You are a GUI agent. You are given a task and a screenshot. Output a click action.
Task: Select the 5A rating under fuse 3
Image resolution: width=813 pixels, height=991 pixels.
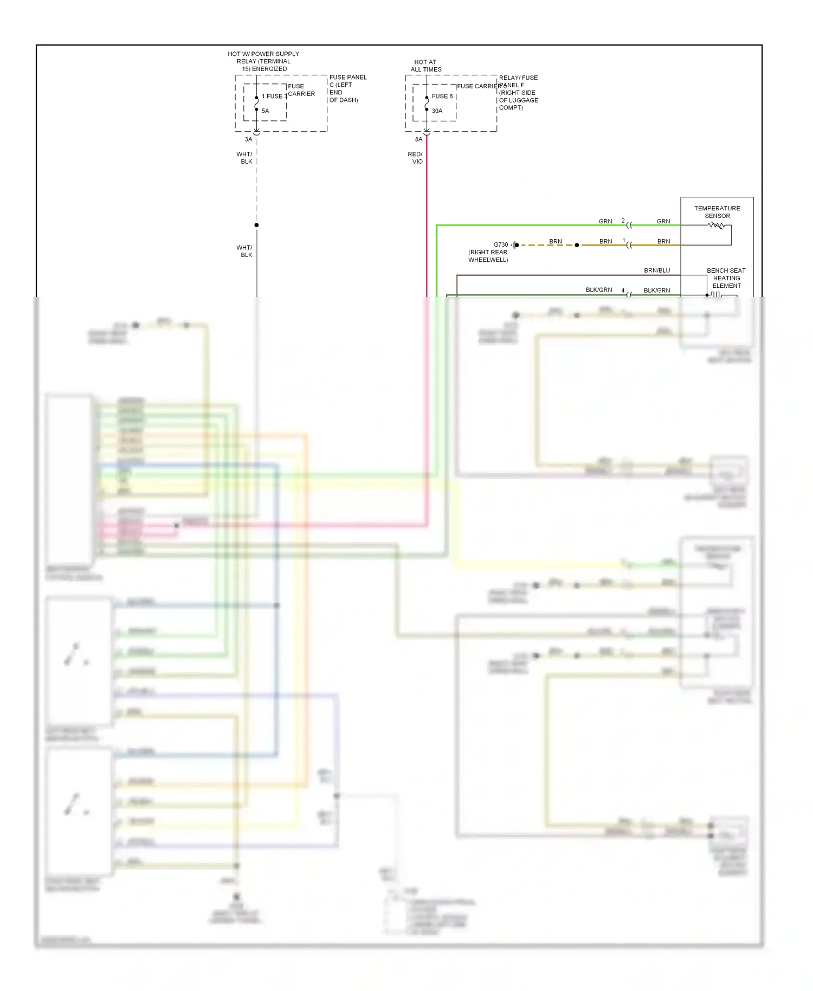coord(265,111)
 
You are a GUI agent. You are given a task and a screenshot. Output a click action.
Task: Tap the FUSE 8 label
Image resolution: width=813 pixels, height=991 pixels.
coord(442,96)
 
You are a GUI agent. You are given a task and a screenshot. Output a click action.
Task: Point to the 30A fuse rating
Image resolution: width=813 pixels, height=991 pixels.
coord(437,111)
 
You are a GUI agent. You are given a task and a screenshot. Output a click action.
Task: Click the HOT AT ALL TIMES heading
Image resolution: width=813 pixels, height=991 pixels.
coord(426,66)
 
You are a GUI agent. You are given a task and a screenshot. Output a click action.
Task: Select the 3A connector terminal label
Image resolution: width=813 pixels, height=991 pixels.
coord(248,139)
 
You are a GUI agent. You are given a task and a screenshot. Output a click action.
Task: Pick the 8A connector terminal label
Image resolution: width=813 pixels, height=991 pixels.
coord(418,139)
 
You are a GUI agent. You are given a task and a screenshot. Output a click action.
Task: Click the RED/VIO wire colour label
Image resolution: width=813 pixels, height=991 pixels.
coord(415,158)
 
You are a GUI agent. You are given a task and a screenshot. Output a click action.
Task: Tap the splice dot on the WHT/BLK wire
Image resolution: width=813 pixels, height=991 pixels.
coord(256,225)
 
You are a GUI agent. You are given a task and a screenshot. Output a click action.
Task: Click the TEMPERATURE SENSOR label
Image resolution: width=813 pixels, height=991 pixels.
coord(717,212)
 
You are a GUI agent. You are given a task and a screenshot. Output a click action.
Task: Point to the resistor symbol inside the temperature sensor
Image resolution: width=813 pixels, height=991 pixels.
coord(716,226)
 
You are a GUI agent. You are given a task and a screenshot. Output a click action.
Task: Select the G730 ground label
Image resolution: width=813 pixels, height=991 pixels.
coord(500,244)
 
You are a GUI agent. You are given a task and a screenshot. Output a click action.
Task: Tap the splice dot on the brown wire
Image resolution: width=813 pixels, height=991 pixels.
coord(577,245)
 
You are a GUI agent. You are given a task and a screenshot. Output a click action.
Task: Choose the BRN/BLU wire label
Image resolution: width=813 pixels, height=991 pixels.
coord(656,270)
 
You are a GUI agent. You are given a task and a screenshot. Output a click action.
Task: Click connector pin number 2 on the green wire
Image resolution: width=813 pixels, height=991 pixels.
coord(623,221)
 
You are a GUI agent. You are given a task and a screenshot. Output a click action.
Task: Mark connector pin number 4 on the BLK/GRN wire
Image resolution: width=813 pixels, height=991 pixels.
coord(623,290)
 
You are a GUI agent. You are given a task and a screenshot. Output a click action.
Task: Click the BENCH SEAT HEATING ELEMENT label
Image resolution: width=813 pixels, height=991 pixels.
coord(726,278)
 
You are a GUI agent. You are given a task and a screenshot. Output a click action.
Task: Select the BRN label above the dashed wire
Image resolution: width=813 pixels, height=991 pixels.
coord(555,241)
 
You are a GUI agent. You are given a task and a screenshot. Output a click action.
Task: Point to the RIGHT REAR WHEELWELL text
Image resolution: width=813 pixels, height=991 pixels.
coord(488,256)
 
